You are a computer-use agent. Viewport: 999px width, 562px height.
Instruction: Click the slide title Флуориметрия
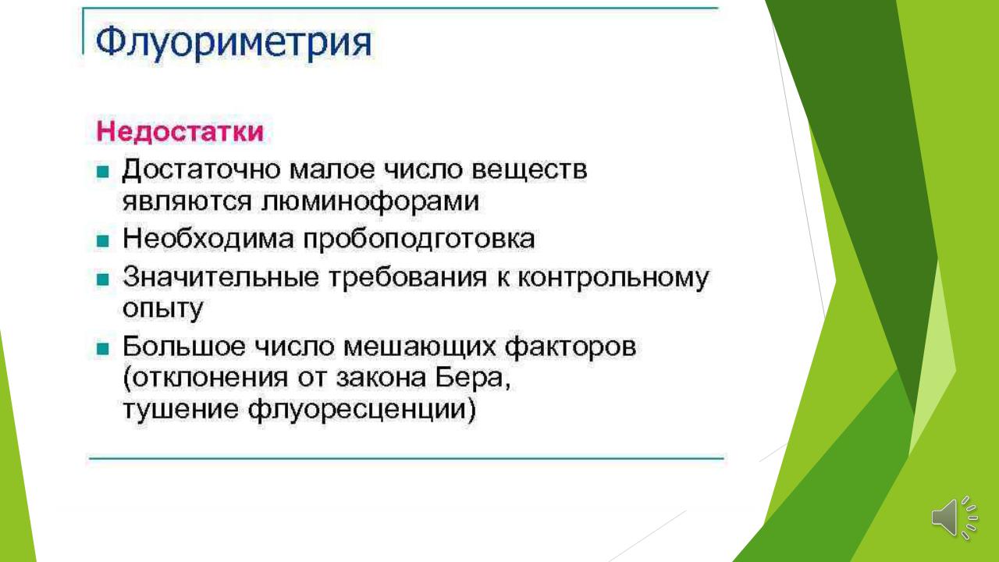(233, 43)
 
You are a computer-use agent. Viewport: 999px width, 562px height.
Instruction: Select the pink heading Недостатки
(180, 132)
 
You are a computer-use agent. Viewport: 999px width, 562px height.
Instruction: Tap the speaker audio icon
(955, 517)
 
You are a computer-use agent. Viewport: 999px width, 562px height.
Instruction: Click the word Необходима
(208, 239)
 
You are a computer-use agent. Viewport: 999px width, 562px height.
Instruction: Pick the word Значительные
(221, 276)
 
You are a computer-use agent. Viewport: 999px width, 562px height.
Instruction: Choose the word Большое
(183, 346)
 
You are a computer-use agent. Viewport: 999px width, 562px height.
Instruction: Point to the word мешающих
(419, 347)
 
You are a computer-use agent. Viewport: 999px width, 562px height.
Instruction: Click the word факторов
(571, 347)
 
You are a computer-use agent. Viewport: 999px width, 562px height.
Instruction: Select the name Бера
(473, 379)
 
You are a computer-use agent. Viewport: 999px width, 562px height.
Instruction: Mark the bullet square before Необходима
(103, 241)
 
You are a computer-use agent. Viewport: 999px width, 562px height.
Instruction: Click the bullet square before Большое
(103, 348)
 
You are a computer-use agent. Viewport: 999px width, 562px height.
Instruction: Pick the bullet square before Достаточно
(103, 172)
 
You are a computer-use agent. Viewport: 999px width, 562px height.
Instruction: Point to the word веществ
(529, 171)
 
